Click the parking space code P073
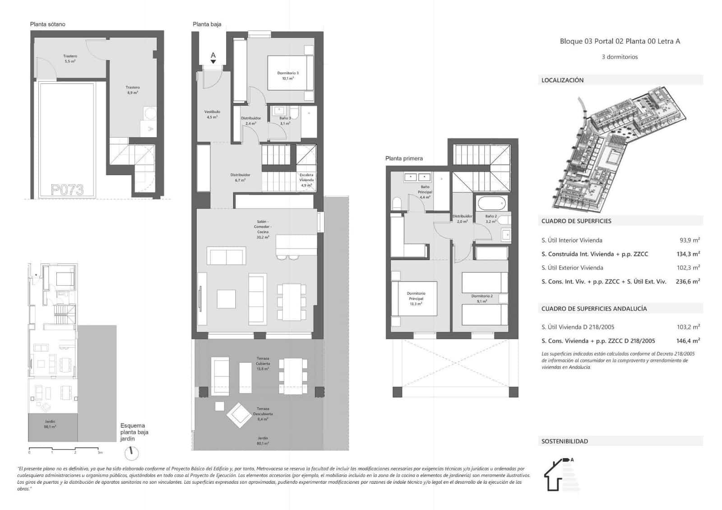click(x=67, y=190)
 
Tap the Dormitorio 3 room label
click(x=287, y=75)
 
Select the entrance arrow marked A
click(x=213, y=58)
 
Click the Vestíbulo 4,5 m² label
click(x=212, y=114)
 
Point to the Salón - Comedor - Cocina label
click(x=263, y=229)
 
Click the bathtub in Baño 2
click(x=491, y=204)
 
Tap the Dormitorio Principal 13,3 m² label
click(x=416, y=298)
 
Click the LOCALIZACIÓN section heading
click(x=562, y=80)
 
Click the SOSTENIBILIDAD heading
click(x=565, y=441)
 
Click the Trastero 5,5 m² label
click(x=70, y=58)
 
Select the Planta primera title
click(x=404, y=158)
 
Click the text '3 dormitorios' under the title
click(x=620, y=57)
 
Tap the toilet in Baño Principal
click(x=397, y=204)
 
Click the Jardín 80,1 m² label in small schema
click(x=50, y=424)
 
